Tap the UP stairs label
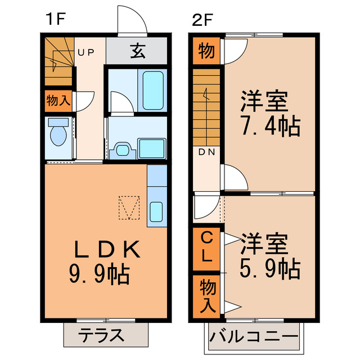click(x=85, y=53)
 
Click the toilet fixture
click(x=58, y=135)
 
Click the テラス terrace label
click(x=102, y=336)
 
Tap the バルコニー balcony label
click(x=254, y=338)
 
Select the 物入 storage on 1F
click(x=58, y=101)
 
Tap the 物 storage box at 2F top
click(x=206, y=52)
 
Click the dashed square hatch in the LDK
click(x=129, y=208)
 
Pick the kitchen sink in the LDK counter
click(x=157, y=211)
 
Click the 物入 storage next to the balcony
click(x=206, y=295)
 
